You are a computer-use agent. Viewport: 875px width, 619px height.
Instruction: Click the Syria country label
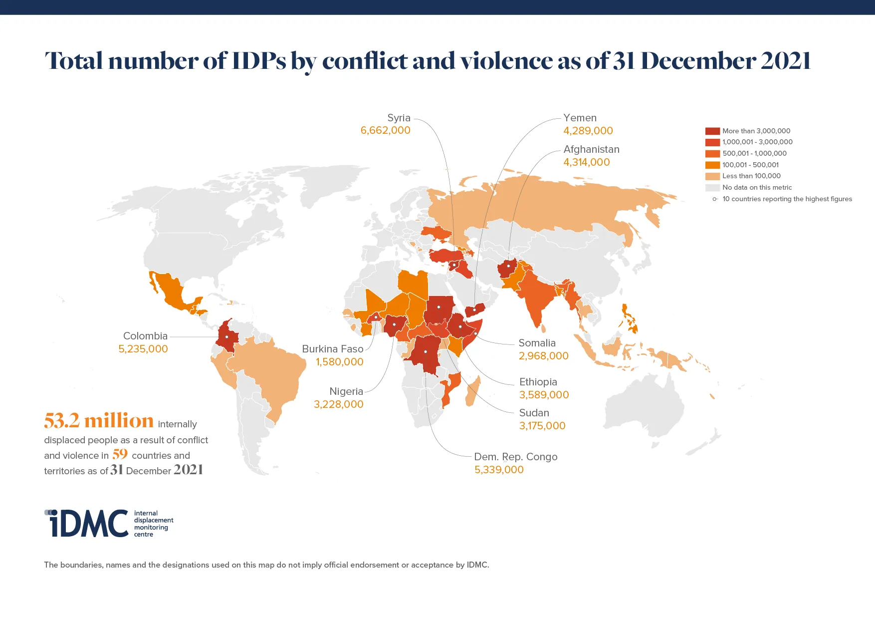click(x=399, y=118)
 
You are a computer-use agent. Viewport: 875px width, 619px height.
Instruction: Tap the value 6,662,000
click(x=385, y=130)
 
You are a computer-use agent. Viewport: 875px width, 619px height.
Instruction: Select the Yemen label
click(x=580, y=118)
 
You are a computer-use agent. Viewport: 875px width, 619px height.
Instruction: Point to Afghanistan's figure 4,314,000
click(x=586, y=162)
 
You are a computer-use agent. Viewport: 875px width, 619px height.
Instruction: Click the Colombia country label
click(x=145, y=336)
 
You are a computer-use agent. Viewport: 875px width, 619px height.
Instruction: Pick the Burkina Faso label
click(x=332, y=349)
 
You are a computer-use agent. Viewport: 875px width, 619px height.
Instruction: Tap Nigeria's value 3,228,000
click(x=338, y=404)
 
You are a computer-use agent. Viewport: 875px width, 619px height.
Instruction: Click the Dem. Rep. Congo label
click(x=515, y=457)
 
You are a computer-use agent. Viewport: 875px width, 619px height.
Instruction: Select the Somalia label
click(x=537, y=343)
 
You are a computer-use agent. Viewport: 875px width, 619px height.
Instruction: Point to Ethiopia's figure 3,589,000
click(x=544, y=395)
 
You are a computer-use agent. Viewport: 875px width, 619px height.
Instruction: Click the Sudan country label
click(x=534, y=413)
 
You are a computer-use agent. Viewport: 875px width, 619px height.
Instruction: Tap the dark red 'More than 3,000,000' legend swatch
click(x=712, y=131)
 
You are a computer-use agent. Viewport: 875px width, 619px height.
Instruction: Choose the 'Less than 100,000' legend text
click(x=751, y=176)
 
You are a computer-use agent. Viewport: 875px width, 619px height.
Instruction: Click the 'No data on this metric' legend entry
click(x=757, y=187)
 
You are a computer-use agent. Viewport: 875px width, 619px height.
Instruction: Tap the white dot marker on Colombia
click(x=226, y=337)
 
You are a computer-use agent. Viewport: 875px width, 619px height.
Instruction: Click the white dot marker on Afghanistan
click(x=508, y=266)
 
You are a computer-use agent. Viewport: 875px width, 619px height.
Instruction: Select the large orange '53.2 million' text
click(x=99, y=421)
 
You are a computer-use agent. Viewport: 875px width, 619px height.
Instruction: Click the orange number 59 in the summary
click(x=120, y=454)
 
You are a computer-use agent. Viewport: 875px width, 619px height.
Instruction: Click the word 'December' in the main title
click(x=696, y=61)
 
